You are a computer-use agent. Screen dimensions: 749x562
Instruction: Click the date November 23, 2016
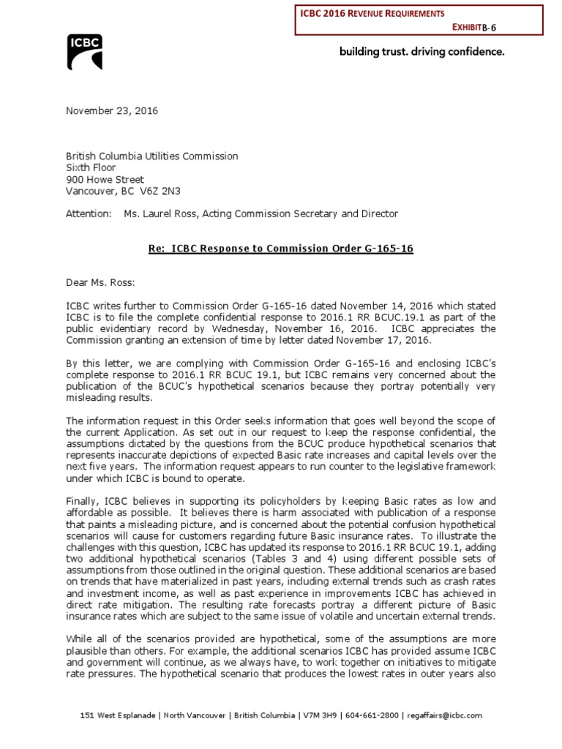coord(111,111)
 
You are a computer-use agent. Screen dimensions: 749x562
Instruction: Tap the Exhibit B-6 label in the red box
coord(480,27)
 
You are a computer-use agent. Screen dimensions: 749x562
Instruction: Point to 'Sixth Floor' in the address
coord(91,168)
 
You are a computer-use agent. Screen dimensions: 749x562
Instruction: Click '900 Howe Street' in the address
coord(105,179)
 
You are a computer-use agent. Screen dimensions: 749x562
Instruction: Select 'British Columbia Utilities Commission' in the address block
coord(151,156)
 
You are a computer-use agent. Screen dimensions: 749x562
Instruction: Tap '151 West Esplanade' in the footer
coord(114,715)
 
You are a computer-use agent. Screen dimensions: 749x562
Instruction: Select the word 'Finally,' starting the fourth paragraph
coord(83,500)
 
